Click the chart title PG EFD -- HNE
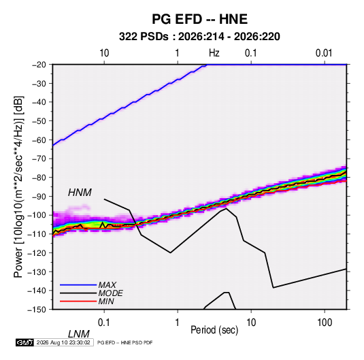tap(199, 19)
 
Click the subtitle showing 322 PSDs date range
tap(199, 37)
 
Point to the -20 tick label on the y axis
tap(39, 65)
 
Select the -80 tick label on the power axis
tap(39, 178)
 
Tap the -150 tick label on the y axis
tap(37, 310)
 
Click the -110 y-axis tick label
tap(37, 234)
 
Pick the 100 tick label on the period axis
tap(325, 323)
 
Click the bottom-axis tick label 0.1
tap(104, 323)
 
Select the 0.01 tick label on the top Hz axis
tap(324, 53)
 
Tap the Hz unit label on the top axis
tap(214, 53)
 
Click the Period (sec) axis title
tap(214, 330)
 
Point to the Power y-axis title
tap(18, 187)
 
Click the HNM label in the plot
tap(80, 193)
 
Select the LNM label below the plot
tap(78, 334)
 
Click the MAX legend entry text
tap(107, 285)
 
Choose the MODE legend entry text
tap(110, 293)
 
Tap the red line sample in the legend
tap(78, 301)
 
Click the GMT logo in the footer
tap(24, 342)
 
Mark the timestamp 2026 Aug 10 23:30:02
tap(63, 342)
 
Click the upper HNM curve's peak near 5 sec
tap(226, 208)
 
